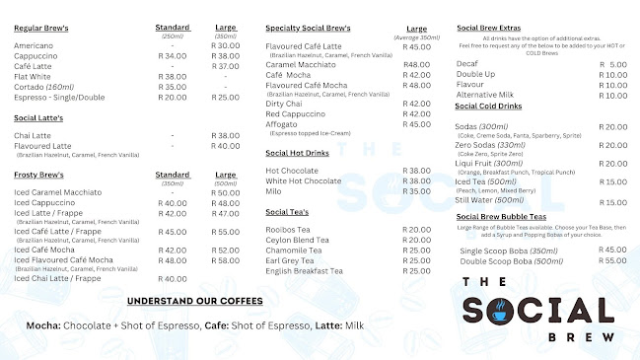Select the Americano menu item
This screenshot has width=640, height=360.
pos(35,45)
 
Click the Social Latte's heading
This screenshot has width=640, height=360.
pos(38,117)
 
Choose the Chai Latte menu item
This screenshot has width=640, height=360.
pos(33,135)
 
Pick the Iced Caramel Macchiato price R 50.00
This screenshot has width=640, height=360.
pos(226,192)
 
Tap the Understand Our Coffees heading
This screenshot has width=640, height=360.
pos(195,300)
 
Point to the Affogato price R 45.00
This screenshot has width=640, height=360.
pos(417,124)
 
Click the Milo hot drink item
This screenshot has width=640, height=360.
pos(275,191)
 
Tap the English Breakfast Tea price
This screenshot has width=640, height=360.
pos(417,271)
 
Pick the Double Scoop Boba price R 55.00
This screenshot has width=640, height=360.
pos(613,260)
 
